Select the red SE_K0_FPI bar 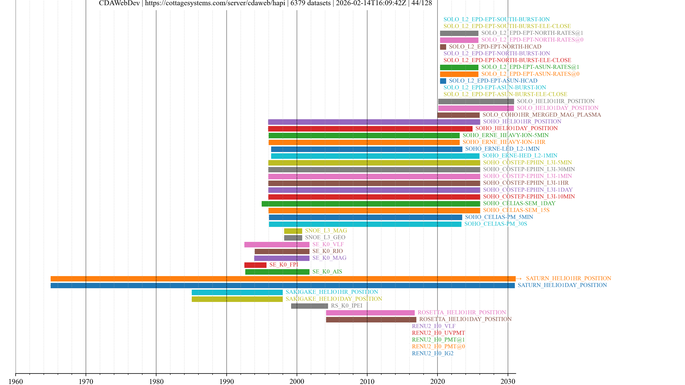click(x=255, y=265)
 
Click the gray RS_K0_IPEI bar click(x=309, y=306)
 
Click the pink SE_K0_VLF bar click(x=277, y=244)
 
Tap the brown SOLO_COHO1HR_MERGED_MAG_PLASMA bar click(x=458, y=115)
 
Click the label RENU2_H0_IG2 click(x=432, y=353)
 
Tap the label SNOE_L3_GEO click(x=325, y=238)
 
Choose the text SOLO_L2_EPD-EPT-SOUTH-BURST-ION click(x=496, y=19)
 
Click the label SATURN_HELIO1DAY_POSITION click(x=562, y=285)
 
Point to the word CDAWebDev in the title click(x=119, y=3)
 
